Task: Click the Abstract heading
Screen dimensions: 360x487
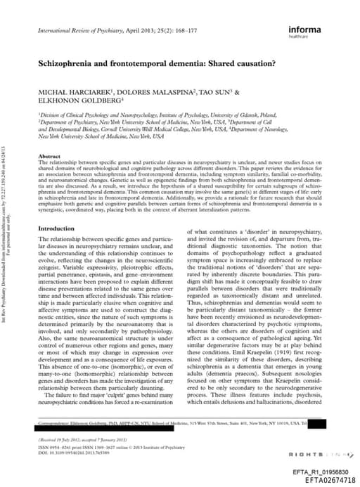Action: [x=49, y=156]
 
